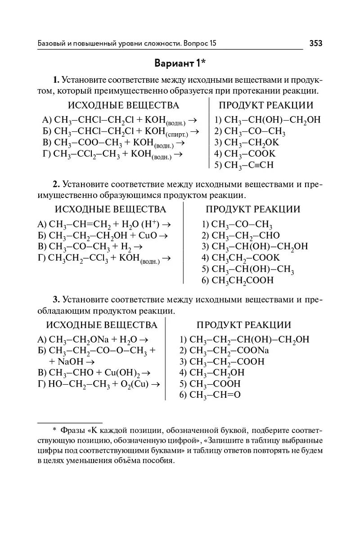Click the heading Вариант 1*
(x=180, y=63)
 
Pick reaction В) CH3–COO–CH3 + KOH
(x=113, y=143)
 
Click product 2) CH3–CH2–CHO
(x=241, y=235)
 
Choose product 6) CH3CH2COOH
(x=238, y=280)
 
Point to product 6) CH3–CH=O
(x=210, y=395)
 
